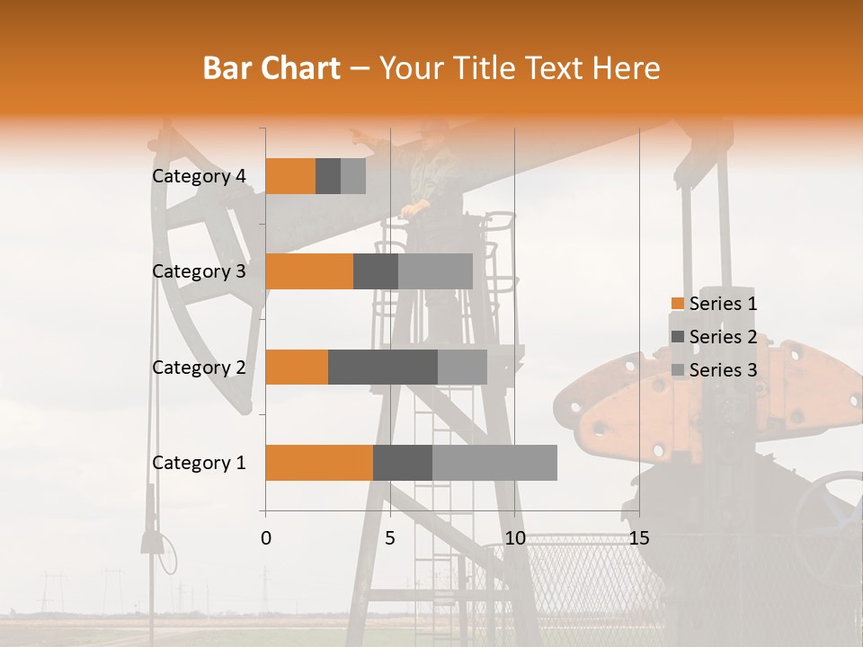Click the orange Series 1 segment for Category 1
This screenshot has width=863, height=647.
[x=319, y=463]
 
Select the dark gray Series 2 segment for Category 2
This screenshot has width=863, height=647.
[x=383, y=367]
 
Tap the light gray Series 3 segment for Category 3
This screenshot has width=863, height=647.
[x=435, y=271]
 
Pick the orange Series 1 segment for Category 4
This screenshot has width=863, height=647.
[x=290, y=176]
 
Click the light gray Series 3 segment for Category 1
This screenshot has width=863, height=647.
[x=494, y=463]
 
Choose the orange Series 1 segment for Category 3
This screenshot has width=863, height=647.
[x=309, y=271]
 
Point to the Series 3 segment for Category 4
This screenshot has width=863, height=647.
[x=353, y=176]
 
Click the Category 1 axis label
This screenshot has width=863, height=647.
[x=199, y=463]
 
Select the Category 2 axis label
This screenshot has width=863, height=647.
[x=199, y=367]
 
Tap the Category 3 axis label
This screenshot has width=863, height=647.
[x=199, y=271]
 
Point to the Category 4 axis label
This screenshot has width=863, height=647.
[x=199, y=176]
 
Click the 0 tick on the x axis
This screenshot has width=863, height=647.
[x=266, y=538]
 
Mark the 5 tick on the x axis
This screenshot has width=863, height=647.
[x=390, y=538]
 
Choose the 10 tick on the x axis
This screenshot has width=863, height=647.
[x=514, y=538]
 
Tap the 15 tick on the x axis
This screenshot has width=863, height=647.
[x=638, y=538]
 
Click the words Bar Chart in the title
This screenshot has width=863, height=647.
[x=271, y=68]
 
